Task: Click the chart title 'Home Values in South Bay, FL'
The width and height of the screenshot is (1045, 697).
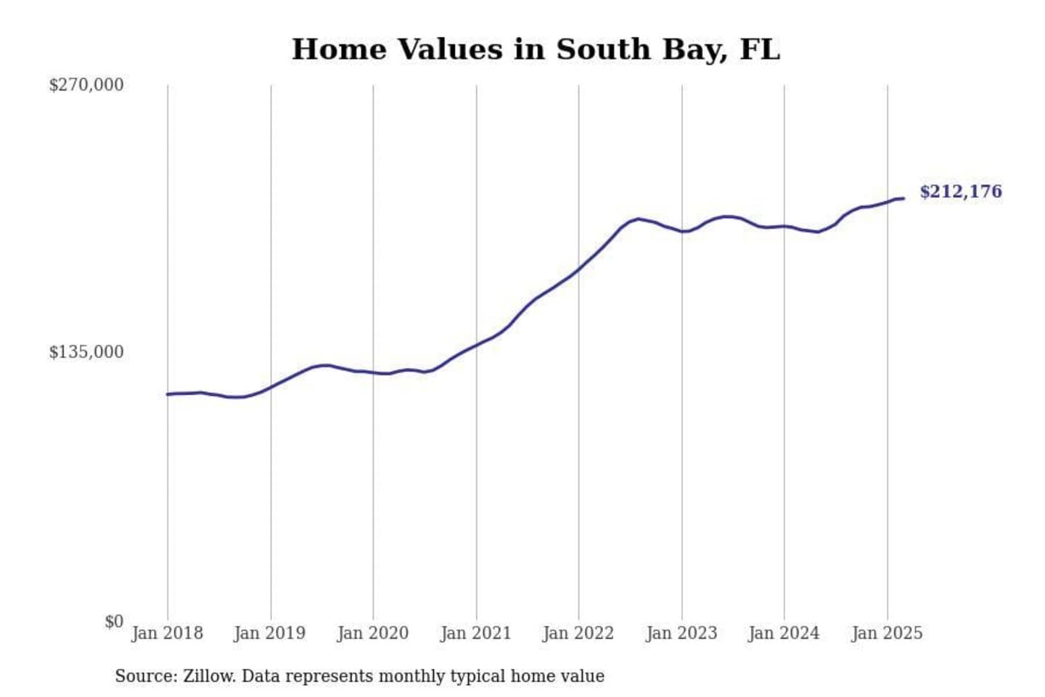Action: click(536, 49)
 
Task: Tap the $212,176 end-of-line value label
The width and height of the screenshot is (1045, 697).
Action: click(960, 192)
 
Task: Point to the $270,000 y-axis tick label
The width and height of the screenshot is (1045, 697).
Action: click(86, 85)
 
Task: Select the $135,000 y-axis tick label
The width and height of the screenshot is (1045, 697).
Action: click(86, 352)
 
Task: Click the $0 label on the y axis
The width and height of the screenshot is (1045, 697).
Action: click(114, 621)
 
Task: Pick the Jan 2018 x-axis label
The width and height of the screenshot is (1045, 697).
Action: click(167, 633)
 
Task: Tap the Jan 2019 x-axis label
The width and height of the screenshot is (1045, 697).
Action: click(270, 633)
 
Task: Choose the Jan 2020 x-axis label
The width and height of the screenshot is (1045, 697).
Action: click(373, 633)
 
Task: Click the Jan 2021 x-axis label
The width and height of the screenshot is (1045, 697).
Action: click(476, 633)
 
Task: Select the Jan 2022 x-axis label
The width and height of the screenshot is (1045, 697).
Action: click(578, 633)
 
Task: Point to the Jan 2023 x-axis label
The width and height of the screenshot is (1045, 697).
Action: click(681, 633)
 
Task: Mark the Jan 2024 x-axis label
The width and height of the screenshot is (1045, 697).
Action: click(784, 633)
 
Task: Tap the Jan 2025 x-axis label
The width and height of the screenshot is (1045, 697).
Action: click(887, 633)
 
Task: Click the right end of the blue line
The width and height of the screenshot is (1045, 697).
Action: click(903, 198)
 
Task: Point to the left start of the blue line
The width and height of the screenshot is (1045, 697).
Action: click(168, 394)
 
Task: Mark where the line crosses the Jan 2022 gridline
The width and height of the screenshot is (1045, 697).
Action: click(579, 269)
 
